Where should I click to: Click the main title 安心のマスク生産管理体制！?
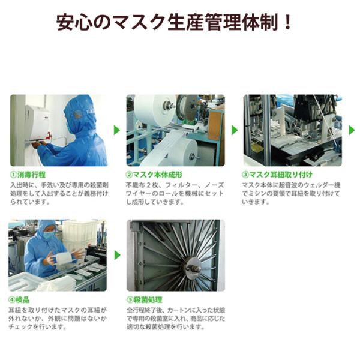coord(174,22)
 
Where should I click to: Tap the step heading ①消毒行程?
coord(28,175)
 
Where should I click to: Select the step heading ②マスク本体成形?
coord(154,175)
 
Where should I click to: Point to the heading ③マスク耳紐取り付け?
coord(277,175)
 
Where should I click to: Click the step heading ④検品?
coord(19,299)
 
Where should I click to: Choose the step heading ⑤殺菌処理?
coord(145,299)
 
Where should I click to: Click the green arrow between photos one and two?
coord(117,130)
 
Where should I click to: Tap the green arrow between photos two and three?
coord(235,130)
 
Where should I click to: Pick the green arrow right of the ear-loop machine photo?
coord(352,130)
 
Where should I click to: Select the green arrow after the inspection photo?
coord(118,255)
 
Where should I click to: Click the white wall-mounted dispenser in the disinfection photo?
coord(37,122)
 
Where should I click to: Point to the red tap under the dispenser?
coord(49,136)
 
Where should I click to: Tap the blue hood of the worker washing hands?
coord(79,113)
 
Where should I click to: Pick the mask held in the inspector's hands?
coord(63,257)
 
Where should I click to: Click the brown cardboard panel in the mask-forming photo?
coord(215,126)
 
